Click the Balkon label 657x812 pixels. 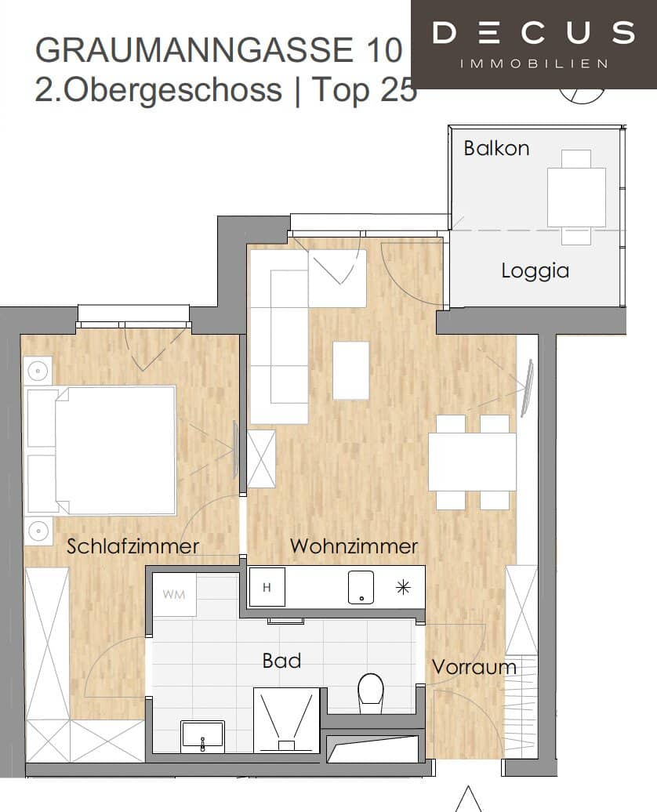(496, 148)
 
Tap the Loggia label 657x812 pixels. (535, 271)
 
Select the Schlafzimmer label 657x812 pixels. (132, 546)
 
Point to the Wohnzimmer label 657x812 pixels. (354, 546)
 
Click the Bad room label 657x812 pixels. (281, 661)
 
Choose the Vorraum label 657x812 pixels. (474, 667)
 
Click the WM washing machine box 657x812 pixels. (174, 594)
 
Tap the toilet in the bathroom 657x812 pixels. (370, 692)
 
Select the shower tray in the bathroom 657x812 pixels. (286, 720)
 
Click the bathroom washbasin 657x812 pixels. (202, 735)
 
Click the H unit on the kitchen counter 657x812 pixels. (267, 588)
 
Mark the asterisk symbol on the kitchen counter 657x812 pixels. (403, 588)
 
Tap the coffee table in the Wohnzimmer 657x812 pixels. (350, 371)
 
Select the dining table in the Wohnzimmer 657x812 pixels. (472, 462)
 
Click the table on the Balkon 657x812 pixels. (576, 197)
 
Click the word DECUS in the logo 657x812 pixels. (534, 34)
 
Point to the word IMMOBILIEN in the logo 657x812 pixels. (534, 63)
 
